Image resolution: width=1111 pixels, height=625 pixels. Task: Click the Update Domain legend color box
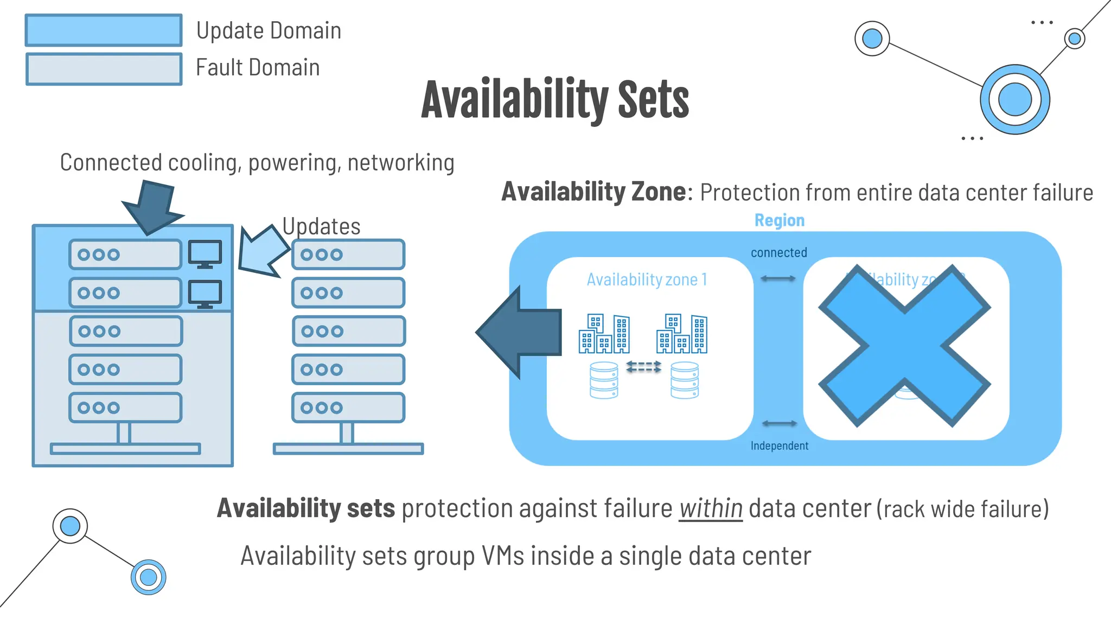104,30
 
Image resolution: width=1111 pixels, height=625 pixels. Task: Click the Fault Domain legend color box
104,69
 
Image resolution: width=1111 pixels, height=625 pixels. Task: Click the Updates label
321,226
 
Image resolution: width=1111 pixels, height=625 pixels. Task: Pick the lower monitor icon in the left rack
205,294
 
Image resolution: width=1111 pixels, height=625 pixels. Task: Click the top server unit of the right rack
348,254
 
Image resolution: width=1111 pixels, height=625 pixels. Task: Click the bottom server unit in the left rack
125,407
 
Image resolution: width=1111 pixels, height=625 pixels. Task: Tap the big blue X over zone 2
904,346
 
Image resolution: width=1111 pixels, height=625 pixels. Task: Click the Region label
779,220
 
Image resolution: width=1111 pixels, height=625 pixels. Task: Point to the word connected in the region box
778,252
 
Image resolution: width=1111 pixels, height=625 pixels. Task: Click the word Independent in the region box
779,445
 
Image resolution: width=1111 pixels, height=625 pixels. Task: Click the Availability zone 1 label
647,279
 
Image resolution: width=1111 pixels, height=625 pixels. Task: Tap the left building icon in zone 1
604,334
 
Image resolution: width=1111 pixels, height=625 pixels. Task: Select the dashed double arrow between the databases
643,367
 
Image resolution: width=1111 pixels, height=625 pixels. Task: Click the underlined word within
710,508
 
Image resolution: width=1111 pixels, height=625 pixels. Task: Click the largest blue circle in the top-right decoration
1014,99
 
